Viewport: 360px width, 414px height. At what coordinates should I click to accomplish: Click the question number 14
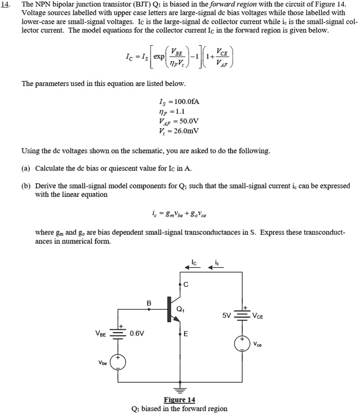7,5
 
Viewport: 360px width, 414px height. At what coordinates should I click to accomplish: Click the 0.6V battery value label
137,334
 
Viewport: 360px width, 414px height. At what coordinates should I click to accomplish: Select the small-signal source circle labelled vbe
118,362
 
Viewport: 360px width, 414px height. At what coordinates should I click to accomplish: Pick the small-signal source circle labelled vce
242,344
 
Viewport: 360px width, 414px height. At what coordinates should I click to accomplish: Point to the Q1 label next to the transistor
181,309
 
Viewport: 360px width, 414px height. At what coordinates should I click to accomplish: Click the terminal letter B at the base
149,303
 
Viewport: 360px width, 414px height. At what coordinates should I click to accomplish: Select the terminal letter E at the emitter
186,335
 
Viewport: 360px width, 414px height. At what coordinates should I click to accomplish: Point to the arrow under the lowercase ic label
216,267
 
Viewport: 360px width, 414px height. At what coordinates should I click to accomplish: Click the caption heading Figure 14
179,400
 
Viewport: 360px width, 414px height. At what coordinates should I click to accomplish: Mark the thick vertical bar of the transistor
168,309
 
